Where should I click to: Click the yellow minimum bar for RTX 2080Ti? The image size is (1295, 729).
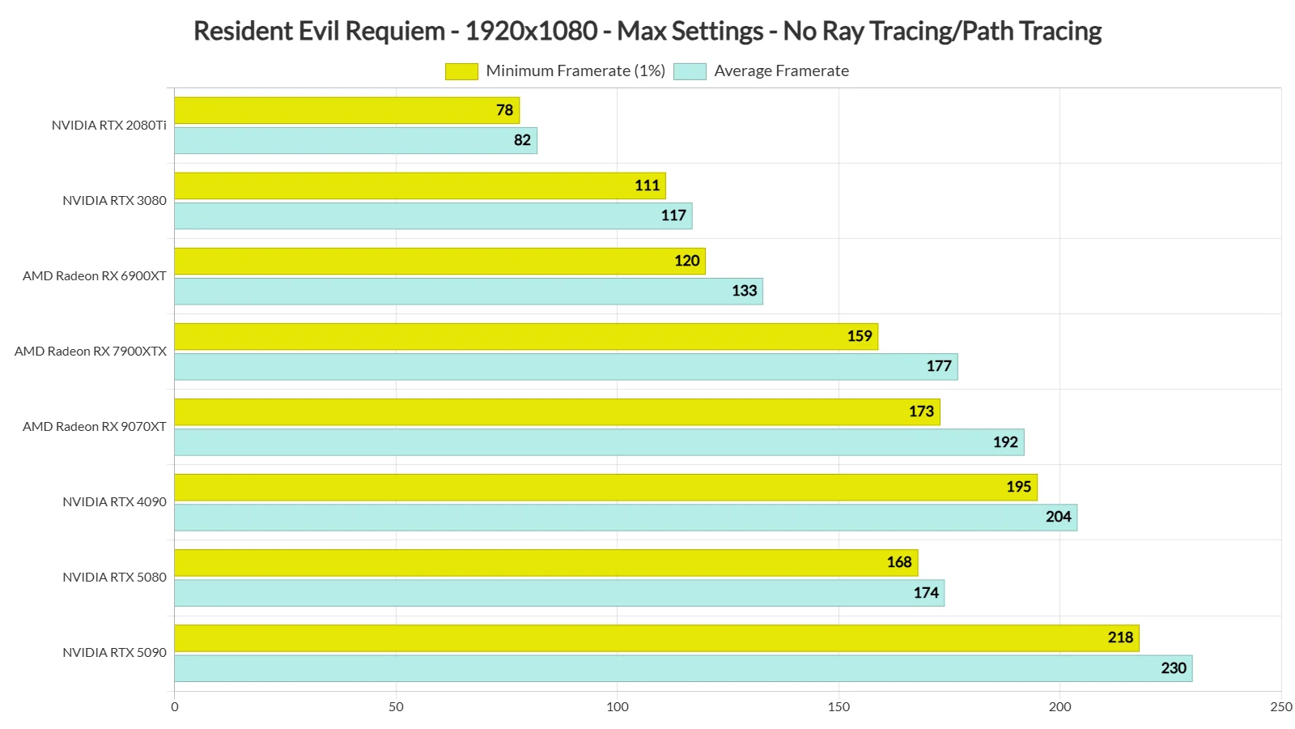click(x=346, y=110)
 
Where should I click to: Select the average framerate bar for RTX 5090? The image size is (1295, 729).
click(x=683, y=668)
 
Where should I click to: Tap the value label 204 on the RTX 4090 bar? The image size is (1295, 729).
click(x=1058, y=517)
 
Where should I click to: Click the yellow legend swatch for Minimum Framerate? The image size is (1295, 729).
click(x=461, y=71)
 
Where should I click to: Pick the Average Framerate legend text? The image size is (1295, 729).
click(x=781, y=71)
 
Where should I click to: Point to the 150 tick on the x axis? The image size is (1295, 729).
click(x=839, y=706)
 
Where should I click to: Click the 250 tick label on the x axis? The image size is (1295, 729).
click(x=1280, y=706)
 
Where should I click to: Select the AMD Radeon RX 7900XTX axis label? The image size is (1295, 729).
click(x=91, y=352)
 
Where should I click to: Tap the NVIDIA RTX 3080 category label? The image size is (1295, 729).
click(x=114, y=201)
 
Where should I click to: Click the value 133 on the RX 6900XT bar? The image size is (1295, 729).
click(x=744, y=291)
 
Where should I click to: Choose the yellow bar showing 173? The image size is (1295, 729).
click(x=557, y=411)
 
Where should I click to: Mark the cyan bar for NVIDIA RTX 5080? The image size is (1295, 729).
click(x=558, y=593)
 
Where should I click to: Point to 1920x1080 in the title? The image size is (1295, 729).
click(x=531, y=31)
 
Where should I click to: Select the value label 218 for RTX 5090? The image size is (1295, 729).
click(x=1120, y=637)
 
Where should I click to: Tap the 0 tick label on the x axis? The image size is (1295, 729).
click(x=175, y=706)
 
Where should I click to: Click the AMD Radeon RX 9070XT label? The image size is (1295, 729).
click(x=95, y=427)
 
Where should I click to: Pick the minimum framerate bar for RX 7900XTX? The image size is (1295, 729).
click(x=526, y=336)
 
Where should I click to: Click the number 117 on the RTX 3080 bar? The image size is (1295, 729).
click(x=673, y=215)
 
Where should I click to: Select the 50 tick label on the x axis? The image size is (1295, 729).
click(x=396, y=706)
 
